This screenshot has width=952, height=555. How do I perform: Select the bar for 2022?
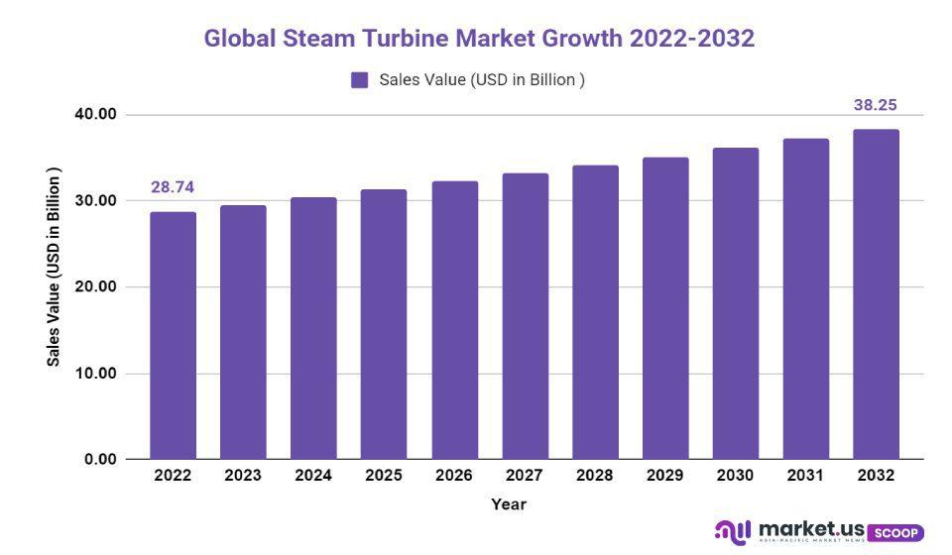(x=173, y=336)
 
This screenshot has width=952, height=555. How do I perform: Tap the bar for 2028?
(x=595, y=312)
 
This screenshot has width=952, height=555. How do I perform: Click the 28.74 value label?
(x=172, y=187)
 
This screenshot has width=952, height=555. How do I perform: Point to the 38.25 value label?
(x=876, y=104)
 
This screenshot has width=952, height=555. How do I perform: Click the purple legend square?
(x=360, y=80)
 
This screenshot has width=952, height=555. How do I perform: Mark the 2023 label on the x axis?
(x=243, y=476)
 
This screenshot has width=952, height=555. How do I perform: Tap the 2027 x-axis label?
(x=525, y=476)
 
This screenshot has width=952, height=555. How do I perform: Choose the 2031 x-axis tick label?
(x=805, y=476)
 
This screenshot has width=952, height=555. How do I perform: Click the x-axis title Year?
(x=509, y=504)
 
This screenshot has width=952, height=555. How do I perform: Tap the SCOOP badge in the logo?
(x=895, y=532)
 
